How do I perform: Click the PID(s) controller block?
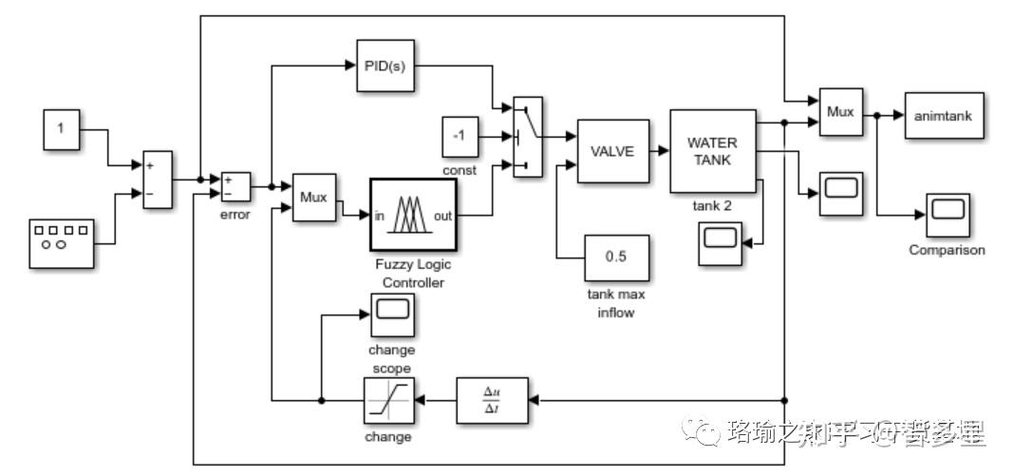[385, 66]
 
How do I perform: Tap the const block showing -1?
[460, 137]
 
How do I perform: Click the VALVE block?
[612, 151]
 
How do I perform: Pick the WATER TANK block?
[713, 151]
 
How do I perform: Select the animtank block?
[943, 114]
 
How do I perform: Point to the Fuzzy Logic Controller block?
[413, 216]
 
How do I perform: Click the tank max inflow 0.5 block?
[616, 257]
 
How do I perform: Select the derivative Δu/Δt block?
[492, 402]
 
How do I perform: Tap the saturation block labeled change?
[387, 402]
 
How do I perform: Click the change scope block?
[391, 314]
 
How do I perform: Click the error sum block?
[234, 186]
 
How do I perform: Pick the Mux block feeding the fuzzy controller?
[313, 198]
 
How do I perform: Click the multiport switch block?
[527, 137]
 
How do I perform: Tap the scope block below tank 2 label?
[721, 243]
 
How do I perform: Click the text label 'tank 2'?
[712, 203]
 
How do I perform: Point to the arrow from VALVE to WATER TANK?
[660, 151]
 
